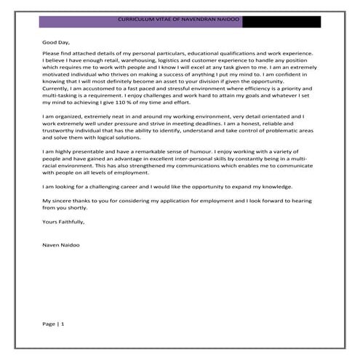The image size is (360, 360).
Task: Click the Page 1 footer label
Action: coord(53,322)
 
